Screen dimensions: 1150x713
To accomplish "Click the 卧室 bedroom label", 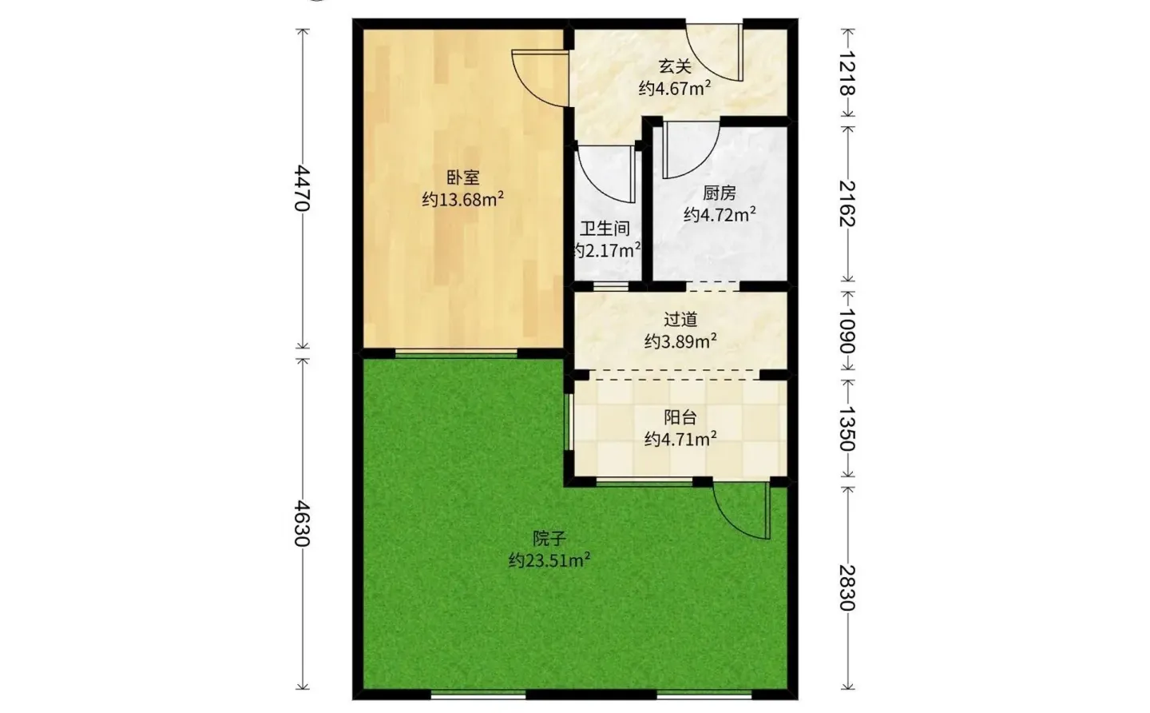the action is [x=462, y=177].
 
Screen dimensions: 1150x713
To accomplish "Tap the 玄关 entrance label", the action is [x=675, y=67].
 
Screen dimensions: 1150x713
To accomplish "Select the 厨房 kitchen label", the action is [x=719, y=193].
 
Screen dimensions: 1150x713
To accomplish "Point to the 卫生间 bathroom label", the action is [x=605, y=229].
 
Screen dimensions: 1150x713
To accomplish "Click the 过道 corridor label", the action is [x=680, y=320].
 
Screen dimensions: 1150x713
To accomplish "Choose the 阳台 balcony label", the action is [x=680, y=417].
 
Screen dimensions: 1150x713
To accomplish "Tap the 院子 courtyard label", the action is [x=549, y=538].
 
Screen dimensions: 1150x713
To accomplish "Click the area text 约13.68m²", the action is [x=462, y=199].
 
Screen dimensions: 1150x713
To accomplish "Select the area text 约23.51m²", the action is [x=549, y=560].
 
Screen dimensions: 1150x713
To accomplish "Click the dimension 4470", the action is [x=303, y=188].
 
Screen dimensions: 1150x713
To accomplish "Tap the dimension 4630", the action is [x=303, y=524].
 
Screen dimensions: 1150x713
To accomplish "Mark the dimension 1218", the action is [x=847, y=74].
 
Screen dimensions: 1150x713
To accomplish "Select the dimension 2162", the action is [x=847, y=203].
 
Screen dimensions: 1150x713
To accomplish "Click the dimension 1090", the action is [x=847, y=331].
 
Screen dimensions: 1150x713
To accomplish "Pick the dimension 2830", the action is [x=847, y=588].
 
